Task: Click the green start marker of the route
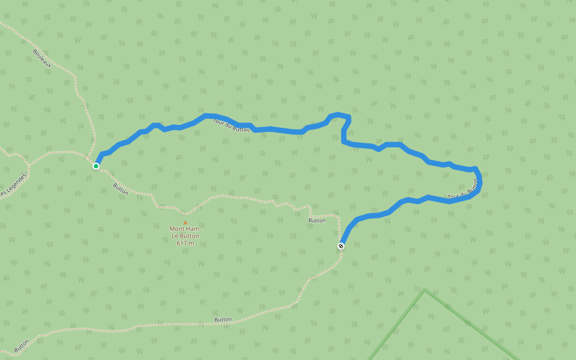pos(96,166)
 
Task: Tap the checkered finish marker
pos(341,246)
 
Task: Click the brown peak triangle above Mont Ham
pos(185,222)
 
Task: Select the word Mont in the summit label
pos(177,229)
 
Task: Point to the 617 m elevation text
pos(185,243)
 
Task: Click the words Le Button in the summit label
pos(185,236)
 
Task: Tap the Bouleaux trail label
pos(43,57)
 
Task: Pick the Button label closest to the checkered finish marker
pos(317,220)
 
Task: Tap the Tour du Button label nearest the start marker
pos(231,125)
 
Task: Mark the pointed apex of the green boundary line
pos(425,290)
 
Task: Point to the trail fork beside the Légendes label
pos(28,164)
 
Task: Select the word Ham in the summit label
pos(193,229)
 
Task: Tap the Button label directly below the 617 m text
pos(223,319)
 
